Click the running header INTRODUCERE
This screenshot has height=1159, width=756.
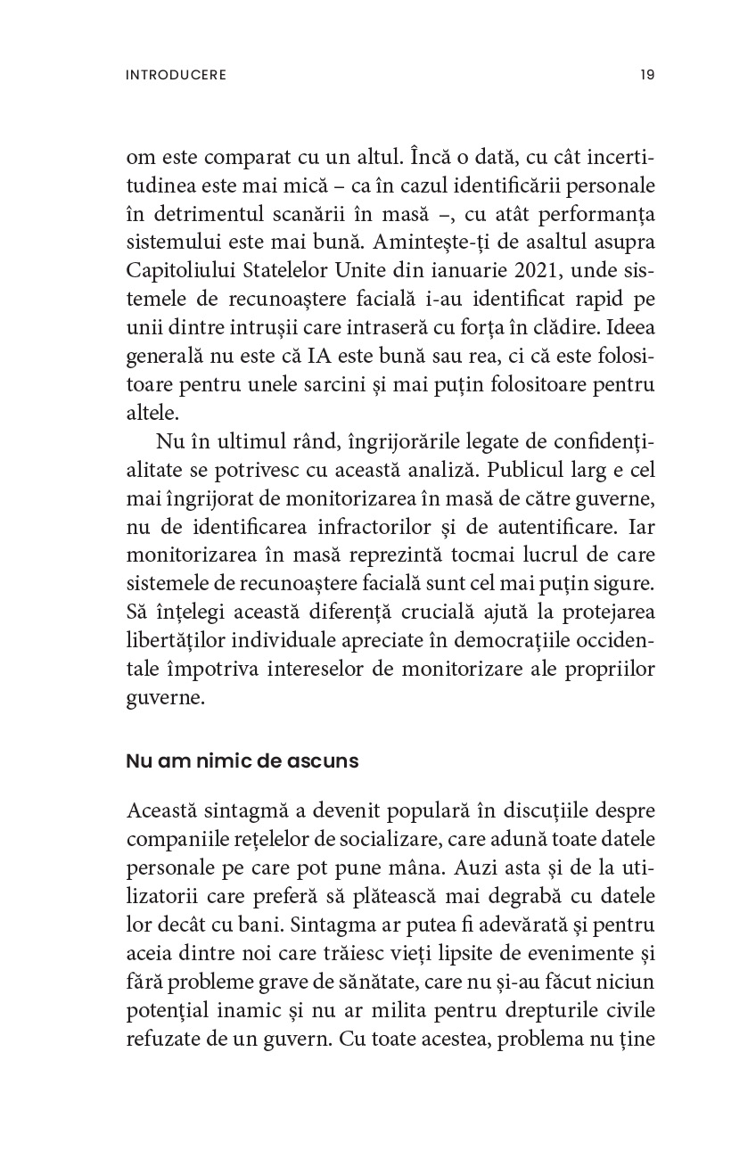(177, 75)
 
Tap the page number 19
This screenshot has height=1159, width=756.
(647, 75)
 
